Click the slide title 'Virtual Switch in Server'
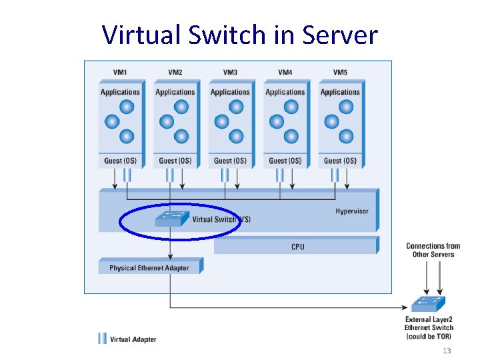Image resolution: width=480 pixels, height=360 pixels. pyautogui.click(x=240, y=34)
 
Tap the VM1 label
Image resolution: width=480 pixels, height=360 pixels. pyautogui.click(x=120, y=73)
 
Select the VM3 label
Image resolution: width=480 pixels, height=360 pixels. pyautogui.click(x=230, y=73)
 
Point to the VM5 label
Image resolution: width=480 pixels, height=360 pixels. pyautogui.click(x=340, y=73)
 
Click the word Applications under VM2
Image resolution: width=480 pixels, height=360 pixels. pyautogui.click(x=175, y=92)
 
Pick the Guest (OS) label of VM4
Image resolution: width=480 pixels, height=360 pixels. pyautogui.click(x=285, y=161)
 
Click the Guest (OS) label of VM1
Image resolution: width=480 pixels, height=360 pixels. pyautogui.click(x=120, y=161)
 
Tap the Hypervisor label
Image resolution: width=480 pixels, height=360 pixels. pyautogui.click(x=351, y=211)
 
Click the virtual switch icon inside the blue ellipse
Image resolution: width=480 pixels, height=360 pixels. pyautogui.click(x=171, y=218)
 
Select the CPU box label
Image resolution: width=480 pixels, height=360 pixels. pyautogui.click(x=297, y=247)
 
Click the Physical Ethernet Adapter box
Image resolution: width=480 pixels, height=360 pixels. pyautogui.click(x=149, y=268)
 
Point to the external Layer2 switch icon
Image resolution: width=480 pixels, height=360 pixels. pyautogui.click(x=427, y=304)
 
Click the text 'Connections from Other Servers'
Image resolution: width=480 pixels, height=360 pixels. pyautogui.click(x=433, y=250)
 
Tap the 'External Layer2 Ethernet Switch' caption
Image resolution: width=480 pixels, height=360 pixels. pyautogui.click(x=429, y=327)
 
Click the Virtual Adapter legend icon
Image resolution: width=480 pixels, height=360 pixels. pyautogui.click(x=103, y=339)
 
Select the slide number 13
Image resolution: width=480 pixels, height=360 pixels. pyautogui.click(x=447, y=351)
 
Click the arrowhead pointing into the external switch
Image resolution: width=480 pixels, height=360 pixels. pyautogui.click(x=406, y=307)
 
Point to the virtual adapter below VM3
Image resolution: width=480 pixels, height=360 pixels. pyautogui.click(x=225, y=175)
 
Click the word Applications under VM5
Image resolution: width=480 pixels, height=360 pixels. pyautogui.click(x=340, y=92)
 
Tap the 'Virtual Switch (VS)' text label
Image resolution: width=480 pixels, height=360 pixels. pyautogui.click(x=221, y=219)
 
